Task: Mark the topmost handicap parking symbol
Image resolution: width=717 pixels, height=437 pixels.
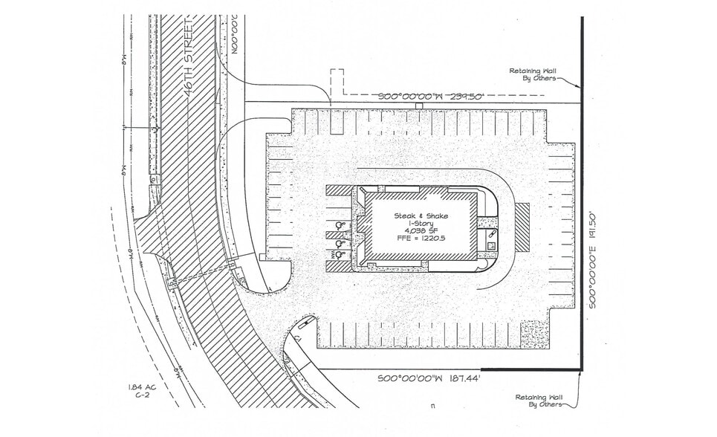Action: pyautogui.click(x=340, y=225)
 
